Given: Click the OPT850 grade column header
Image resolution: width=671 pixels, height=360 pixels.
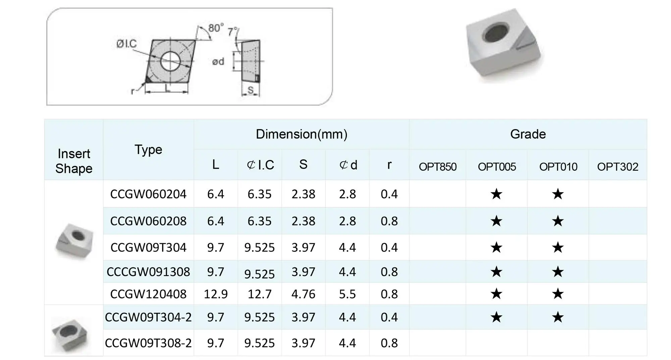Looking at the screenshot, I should click(x=437, y=167).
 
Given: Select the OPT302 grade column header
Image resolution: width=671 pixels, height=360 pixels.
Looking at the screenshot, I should click(x=618, y=167).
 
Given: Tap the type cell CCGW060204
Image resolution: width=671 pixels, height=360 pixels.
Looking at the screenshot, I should click(x=148, y=194).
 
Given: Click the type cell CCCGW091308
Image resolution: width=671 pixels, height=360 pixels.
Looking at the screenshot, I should click(x=148, y=271).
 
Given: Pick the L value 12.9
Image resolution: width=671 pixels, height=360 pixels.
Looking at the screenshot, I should click(x=216, y=294).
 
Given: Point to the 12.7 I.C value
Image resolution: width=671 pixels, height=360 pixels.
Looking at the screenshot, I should click(x=259, y=294).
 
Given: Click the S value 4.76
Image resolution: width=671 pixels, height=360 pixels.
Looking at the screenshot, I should click(x=303, y=294).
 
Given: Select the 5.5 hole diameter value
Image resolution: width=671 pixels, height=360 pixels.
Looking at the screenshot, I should click(x=347, y=294).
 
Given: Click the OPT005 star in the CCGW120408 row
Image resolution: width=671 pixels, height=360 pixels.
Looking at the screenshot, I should click(x=496, y=294).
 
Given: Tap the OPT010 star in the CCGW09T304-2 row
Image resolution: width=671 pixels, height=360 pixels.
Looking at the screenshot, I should click(x=558, y=317).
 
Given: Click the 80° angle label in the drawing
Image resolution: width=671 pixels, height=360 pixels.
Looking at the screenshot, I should click(x=216, y=28).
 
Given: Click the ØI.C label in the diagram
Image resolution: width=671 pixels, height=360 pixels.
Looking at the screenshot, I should click(x=126, y=44).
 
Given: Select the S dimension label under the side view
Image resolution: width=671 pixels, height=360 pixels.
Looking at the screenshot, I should click(x=251, y=90).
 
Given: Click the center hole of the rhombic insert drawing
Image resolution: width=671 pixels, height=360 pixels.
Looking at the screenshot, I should click(x=170, y=61).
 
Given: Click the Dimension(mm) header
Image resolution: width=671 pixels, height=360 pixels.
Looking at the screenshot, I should click(x=301, y=134).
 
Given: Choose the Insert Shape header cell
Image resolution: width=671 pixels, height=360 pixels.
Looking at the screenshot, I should click(x=74, y=161).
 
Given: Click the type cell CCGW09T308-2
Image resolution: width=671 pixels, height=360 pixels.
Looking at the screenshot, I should click(x=148, y=343).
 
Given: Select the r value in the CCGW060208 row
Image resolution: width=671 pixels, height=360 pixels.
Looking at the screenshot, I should click(x=389, y=221).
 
